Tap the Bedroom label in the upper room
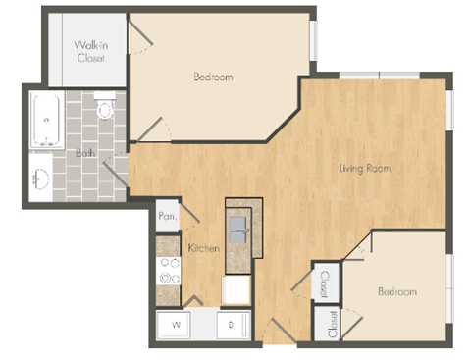(x=212, y=77)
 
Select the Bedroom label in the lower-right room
(x=395, y=291)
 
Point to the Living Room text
(x=365, y=168)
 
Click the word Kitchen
(x=203, y=249)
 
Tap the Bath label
(x=87, y=152)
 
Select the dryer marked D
(x=233, y=323)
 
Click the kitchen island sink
(x=238, y=231)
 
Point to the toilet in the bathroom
(x=106, y=110)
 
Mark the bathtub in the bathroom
(x=45, y=120)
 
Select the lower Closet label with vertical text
(x=333, y=323)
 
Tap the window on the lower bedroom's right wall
(x=449, y=287)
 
